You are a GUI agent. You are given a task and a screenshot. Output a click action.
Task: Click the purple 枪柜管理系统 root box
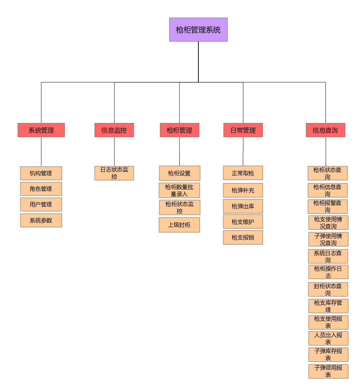coord(198,30)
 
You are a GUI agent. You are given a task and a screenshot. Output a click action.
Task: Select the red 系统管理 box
coord(41,130)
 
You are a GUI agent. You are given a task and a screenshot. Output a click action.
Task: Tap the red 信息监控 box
coord(114,130)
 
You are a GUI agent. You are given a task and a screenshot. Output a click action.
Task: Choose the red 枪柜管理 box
coord(179,130)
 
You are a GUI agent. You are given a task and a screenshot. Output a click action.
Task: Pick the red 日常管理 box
coord(243,130)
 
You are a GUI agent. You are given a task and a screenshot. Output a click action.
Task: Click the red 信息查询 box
coord(325,130)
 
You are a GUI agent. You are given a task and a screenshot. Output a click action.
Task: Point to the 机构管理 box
coord(41,173)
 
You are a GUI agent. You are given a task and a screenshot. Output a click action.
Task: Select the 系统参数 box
coord(41,220)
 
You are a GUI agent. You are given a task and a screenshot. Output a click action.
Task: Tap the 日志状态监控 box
coord(114,173)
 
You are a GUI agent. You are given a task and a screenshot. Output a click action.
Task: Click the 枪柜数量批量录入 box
coord(179,190)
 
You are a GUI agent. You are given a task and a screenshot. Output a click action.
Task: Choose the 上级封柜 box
coord(179,225)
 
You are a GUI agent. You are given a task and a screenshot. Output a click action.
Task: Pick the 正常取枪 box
coord(243,173)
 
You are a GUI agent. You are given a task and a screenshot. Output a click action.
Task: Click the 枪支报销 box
coord(243,237)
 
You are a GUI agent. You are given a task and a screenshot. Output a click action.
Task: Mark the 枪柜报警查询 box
coord(328,206)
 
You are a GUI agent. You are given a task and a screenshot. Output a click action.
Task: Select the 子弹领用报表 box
coord(328,371)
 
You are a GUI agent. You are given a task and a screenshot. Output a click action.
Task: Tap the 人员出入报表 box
coord(328,338)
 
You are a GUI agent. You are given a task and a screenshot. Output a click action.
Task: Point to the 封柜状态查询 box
coord(328,289)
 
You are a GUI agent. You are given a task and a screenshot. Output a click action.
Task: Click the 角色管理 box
coord(41,189)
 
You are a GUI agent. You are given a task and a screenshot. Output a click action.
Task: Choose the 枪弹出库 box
coord(243,206)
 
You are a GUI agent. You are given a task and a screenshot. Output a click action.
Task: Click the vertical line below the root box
coord(198,61)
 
